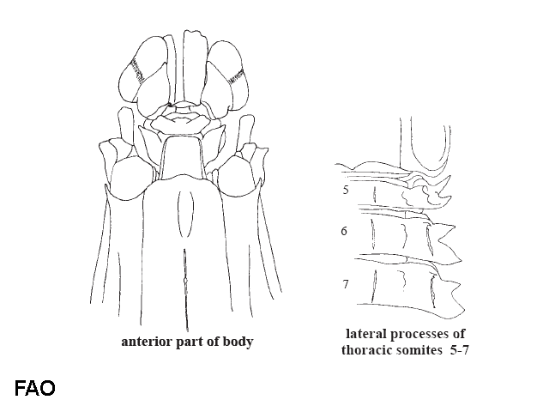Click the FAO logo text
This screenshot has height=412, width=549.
35,388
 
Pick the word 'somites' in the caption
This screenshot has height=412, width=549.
418,349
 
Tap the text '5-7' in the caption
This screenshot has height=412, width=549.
459,349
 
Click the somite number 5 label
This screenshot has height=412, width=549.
346,190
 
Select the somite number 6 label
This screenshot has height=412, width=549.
344,231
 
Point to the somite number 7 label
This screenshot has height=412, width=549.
346,283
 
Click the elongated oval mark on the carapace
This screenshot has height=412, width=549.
186,214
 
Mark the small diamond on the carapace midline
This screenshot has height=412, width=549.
185,281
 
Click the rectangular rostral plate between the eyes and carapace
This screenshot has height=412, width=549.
182,158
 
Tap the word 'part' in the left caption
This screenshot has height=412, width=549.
190,342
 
